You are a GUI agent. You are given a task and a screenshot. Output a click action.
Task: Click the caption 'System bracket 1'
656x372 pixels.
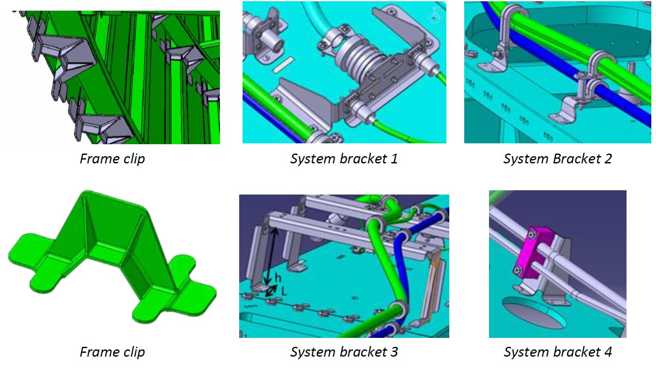344,159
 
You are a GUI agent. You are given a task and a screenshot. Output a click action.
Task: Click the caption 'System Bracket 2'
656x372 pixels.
557,159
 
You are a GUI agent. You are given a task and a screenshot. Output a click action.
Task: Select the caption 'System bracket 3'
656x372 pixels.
344,352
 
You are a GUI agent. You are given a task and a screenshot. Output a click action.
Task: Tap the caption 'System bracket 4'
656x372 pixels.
557,352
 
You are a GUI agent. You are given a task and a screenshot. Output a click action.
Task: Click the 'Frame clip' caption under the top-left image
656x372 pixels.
112,159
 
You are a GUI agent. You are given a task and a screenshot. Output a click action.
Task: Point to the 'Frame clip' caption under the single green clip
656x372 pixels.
112,352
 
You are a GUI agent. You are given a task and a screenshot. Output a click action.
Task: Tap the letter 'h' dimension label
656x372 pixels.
278,278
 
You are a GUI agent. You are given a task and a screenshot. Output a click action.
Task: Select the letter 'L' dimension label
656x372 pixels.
284,291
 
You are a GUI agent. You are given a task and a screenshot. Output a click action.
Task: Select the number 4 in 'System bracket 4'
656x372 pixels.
608,352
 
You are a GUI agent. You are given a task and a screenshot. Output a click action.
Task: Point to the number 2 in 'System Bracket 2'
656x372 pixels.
608,159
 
